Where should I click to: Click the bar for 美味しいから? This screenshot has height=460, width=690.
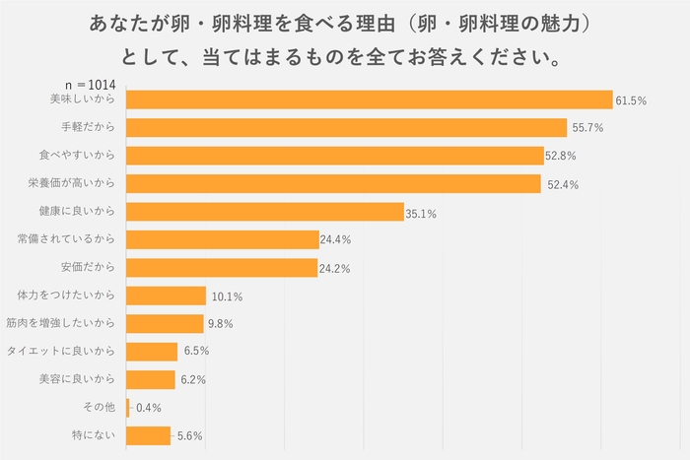(370, 99)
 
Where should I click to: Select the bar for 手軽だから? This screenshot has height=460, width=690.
(347, 127)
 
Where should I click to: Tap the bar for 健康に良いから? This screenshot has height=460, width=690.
(265, 212)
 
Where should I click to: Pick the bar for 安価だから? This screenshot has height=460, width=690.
(222, 268)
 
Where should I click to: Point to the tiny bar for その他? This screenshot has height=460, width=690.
(128, 408)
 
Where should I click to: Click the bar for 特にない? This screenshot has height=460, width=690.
(149, 435)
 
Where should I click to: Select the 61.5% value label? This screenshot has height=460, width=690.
(631, 100)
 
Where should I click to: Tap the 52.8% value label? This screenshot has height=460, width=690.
(562, 156)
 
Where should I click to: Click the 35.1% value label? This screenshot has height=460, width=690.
(422, 212)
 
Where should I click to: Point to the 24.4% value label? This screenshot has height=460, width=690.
(336, 239)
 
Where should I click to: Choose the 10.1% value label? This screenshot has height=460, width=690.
(227, 296)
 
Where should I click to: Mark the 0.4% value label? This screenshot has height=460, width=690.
(148, 408)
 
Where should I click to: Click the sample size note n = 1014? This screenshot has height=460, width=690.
(91, 85)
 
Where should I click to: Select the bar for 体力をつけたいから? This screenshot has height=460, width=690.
(167, 296)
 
